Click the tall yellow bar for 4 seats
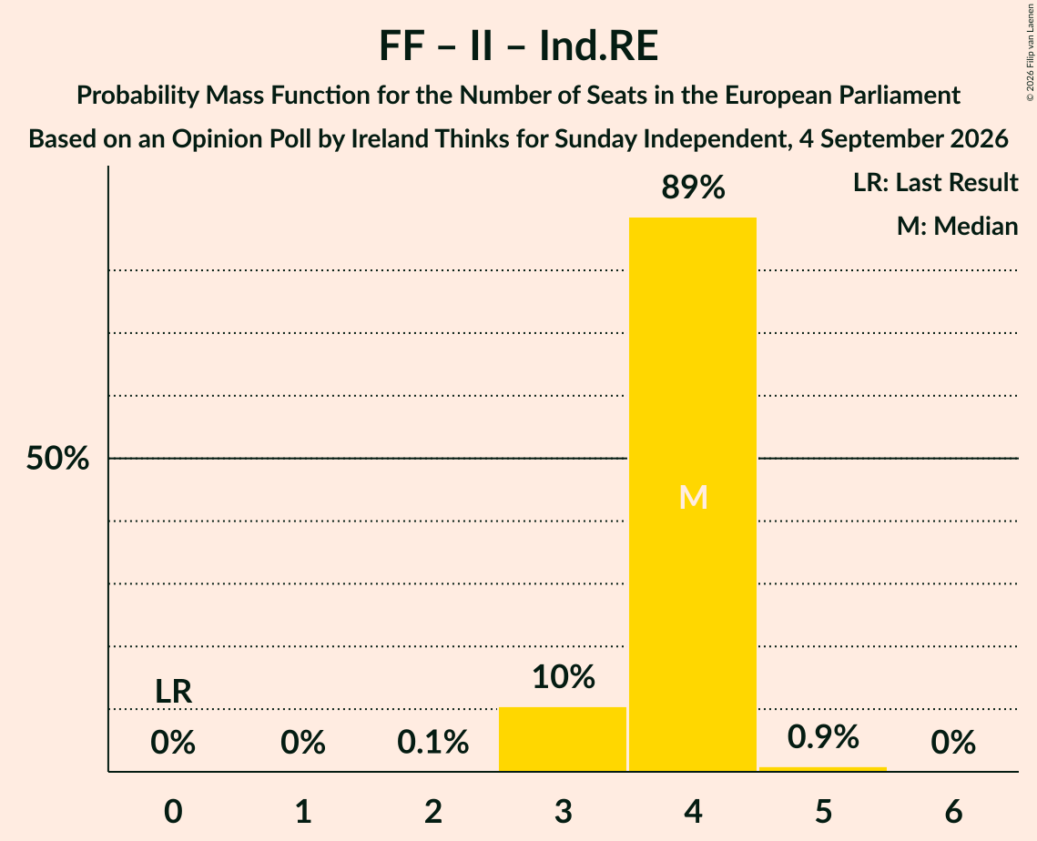pyautogui.click(x=693, y=494)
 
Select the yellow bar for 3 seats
pyautogui.click(x=562, y=739)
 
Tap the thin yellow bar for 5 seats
pyautogui.click(x=823, y=769)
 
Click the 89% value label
pyautogui.click(x=693, y=187)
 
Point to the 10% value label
pyautogui.click(x=564, y=677)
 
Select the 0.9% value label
pyautogui.click(x=823, y=736)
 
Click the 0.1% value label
pyautogui.click(x=433, y=742)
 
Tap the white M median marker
pyautogui.click(x=693, y=497)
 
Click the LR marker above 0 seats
pyautogui.click(x=173, y=692)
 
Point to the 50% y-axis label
pyautogui.click(x=57, y=458)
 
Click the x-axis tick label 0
pyautogui.click(x=173, y=811)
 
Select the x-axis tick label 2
pyautogui.click(x=433, y=811)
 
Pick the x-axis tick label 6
pyautogui.click(x=953, y=811)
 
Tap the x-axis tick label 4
pyautogui.click(x=693, y=811)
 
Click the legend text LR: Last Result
pyautogui.click(x=935, y=182)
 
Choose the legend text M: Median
pyautogui.click(x=957, y=226)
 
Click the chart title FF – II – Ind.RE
pyautogui.click(x=519, y=46)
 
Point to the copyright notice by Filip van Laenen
pyautogui.click(x=1030, y=52)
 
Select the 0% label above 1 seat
pyautogui.click(x=303, y=742)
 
